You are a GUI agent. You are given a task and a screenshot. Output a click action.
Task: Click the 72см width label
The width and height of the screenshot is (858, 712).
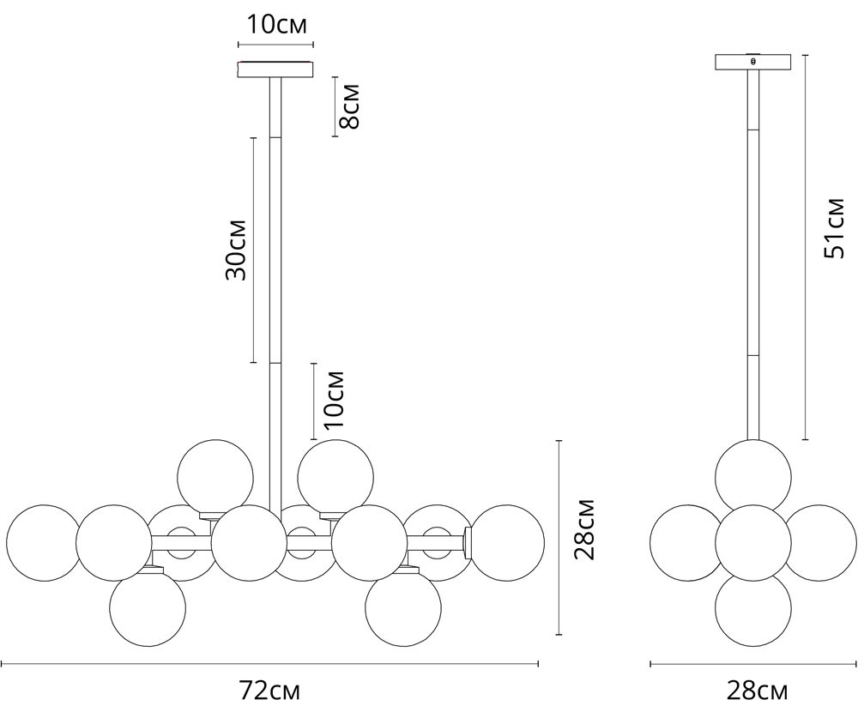pos(269,691)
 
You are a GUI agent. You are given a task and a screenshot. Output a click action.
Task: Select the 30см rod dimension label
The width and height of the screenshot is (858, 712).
pos(236,250)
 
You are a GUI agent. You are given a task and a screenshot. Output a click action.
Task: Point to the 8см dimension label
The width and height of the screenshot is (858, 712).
pos(348,106)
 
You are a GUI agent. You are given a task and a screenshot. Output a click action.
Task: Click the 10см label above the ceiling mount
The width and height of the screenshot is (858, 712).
pos(276,25)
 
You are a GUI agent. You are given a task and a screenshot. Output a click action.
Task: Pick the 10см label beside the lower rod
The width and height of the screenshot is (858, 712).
pos(333,400)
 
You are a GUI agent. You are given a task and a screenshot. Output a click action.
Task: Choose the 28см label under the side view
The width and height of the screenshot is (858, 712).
pos(758,691)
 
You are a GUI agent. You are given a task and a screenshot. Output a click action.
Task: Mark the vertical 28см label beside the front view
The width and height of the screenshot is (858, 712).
pos(583,529)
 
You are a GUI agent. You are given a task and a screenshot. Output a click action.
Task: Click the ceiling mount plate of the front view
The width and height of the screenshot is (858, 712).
pos(275,69)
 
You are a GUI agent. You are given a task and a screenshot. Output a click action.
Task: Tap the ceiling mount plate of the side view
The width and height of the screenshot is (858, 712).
pos(753,62)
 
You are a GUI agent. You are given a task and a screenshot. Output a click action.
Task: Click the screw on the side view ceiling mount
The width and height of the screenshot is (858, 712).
pos(753,61)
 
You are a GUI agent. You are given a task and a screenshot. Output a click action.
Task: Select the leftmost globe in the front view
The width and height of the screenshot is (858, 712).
pos(43,542)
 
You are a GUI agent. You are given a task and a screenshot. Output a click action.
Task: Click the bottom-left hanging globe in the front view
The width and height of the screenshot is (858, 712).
pos(148,608)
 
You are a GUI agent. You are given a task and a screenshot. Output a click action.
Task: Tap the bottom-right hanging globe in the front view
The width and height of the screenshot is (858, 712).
pos(402,608)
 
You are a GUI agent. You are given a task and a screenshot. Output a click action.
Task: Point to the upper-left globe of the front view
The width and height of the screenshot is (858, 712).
pos(215,477)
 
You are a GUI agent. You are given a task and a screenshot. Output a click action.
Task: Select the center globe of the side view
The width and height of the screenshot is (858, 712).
pos(753,542)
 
